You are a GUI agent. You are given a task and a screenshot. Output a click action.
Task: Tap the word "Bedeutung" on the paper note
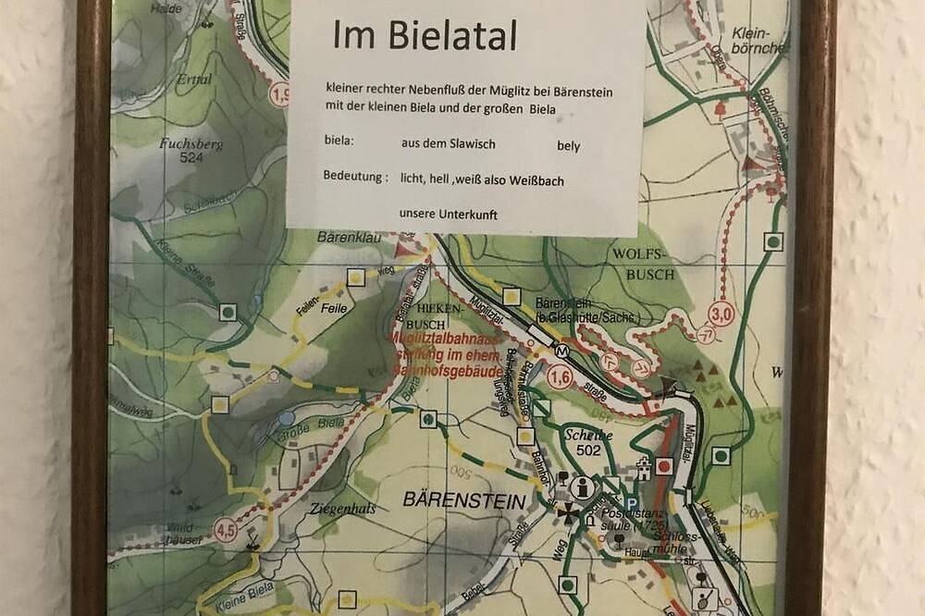[355, 177]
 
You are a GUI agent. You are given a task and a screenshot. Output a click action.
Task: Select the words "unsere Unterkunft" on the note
[448, 215]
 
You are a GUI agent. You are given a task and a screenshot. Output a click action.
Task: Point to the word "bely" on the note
[568, 146]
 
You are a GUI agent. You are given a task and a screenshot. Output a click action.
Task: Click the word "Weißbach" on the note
[531, 180]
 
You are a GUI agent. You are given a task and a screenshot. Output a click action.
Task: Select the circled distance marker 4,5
[226, 530]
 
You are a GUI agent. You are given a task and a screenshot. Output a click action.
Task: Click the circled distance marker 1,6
[560, 376]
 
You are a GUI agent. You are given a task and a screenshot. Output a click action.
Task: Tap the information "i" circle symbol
[583, 486]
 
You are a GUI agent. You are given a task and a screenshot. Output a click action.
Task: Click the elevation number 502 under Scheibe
[587, 450]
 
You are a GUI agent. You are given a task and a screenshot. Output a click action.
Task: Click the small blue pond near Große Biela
[287, 419]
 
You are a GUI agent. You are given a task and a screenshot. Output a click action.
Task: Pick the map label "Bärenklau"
[343, 237]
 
